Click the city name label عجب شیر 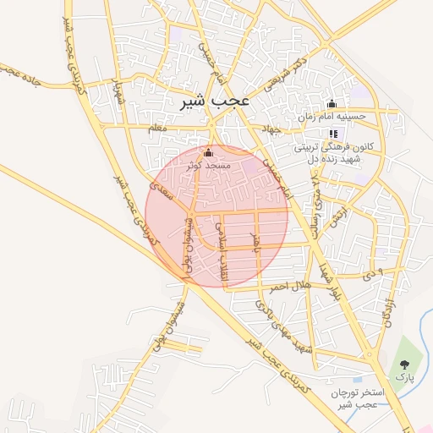(x=216, y=101)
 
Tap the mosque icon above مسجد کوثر (x=209, y=152)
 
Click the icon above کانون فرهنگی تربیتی (x=332, y=134)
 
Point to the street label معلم (x=157, y=127)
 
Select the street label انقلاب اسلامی (x=222, y=246)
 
